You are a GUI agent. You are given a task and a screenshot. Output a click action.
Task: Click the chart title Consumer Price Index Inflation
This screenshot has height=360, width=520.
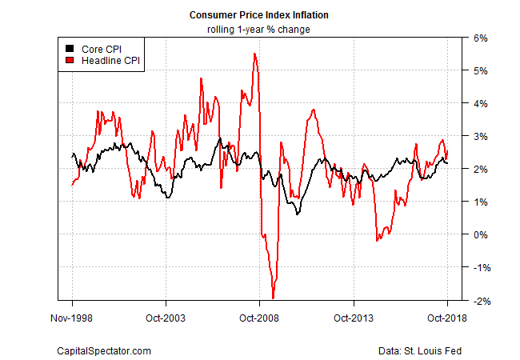tap(259, 15)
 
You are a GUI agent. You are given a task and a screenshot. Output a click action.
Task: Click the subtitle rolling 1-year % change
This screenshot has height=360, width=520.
tap(259, 30)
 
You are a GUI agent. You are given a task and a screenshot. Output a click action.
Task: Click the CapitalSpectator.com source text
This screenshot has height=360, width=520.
tap(104, 350)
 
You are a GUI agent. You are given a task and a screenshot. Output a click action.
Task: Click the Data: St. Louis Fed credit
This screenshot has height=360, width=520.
tap(420, 350)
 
